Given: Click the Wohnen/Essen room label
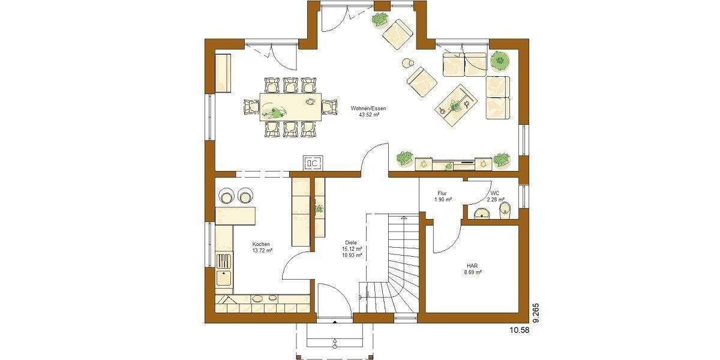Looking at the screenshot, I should (368, 108).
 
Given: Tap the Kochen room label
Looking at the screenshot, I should (262, 244).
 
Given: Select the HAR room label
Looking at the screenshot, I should (473, 265).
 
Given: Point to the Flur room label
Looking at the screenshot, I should (443, 193).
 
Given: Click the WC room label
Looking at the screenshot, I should (494, 193).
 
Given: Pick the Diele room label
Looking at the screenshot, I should (351, 242).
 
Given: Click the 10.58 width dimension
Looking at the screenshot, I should (520, 329).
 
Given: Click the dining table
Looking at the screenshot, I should (290, 107).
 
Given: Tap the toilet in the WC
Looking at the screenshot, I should (505, 209).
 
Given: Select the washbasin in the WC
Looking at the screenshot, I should (481, 214).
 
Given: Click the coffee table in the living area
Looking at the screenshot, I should (454, 103).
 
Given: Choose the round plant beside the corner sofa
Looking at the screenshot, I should (499, 60).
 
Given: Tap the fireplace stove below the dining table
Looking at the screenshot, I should (313, 163).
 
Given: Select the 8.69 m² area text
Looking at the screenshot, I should (473, 272).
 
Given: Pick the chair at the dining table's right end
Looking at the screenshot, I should (329, 107).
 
